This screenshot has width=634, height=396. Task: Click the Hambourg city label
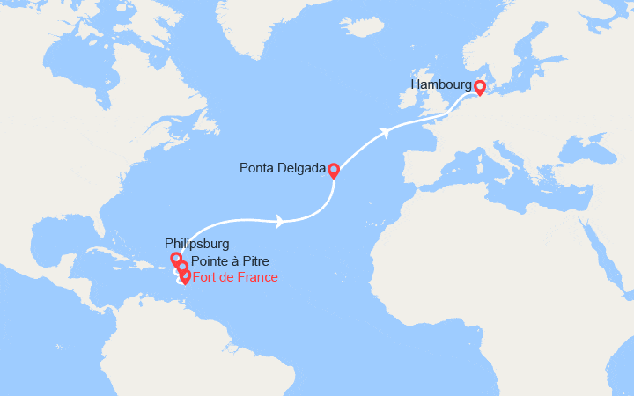click(x=439, y=84)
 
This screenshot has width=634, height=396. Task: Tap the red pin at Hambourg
click(x=480, y=87)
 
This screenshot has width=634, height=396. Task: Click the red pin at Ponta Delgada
click(x=334, y=170)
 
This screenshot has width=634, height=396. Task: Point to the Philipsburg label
click(x=196, y=242)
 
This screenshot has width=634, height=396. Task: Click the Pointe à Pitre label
click(x=230, y=261)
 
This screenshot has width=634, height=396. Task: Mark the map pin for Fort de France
click(x=185, y=276)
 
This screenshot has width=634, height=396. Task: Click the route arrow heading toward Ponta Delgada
click(x=279, y=221)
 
